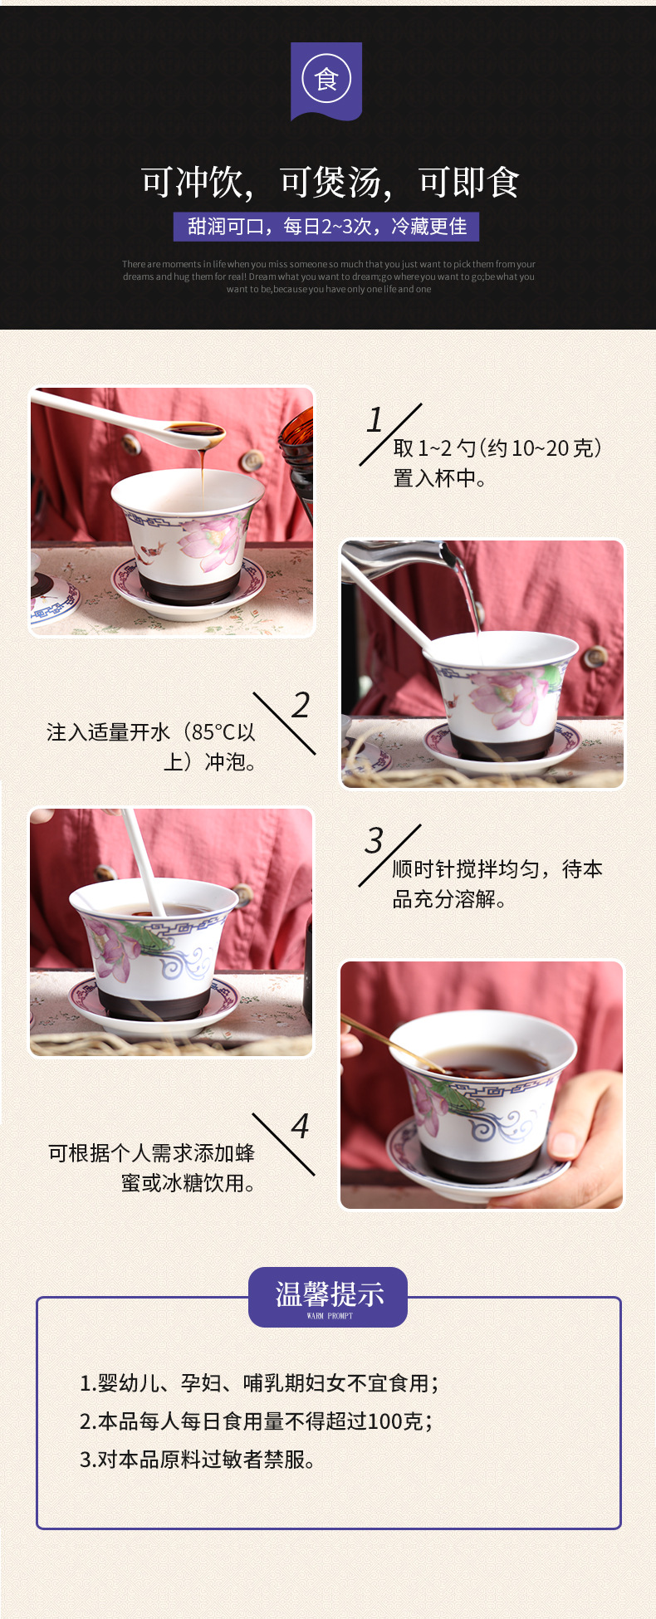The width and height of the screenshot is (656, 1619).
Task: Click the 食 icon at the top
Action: coord(326,80)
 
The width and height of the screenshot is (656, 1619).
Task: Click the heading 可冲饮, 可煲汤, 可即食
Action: coord(330,183)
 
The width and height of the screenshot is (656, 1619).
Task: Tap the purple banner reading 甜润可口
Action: coord(326,227)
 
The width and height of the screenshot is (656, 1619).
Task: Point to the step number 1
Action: coord(375,420)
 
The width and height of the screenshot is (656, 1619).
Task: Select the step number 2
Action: coord(301,706)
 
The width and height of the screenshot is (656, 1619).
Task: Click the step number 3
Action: coord(375,841)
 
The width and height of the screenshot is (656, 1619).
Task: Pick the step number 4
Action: coord(300,1127)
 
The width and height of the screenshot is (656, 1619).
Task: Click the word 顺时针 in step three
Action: coord(423,869)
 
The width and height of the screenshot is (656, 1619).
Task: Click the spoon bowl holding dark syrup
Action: coord(195,432)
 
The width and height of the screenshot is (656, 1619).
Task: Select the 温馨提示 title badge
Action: coord(328,1296)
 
